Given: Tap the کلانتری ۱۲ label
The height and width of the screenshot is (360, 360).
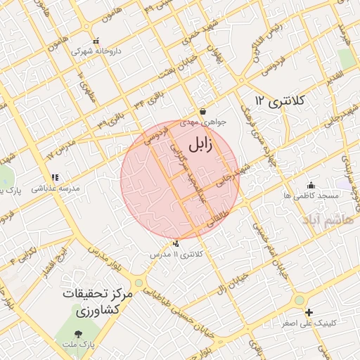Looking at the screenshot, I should [x=281, y=101].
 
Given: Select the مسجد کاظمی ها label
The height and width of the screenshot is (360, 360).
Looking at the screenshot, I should [x=311, y=194].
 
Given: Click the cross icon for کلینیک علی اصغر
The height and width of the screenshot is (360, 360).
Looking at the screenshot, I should [x=309, y=311].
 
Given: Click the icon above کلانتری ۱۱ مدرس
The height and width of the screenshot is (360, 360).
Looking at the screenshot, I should [x=175, y=243].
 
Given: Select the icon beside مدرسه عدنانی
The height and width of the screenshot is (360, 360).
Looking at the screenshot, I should [x=55, y=177].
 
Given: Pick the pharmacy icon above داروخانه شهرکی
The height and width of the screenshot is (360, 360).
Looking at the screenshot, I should [x=96, y=40].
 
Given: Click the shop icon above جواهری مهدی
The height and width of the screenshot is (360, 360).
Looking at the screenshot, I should [x=202, y=111].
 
